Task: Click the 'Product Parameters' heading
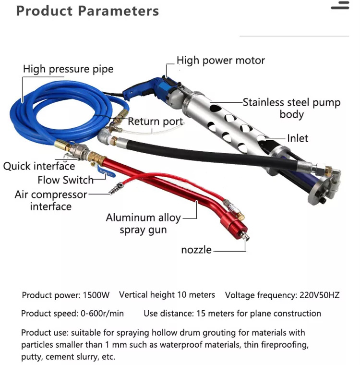(87, 11)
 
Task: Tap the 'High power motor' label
(221, 61)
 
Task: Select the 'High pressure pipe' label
(68, 69)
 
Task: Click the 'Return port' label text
(156, 122)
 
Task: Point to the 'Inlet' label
(298, 138)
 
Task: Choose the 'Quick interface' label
(39, 166)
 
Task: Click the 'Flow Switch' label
(65, 180)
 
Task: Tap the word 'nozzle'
(196, 250)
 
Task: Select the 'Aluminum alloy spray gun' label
(144, 224)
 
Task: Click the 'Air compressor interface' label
(51, 200)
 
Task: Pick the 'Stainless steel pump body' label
(291, 109)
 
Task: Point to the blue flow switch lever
(106, 173)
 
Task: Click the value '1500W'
(96, 295)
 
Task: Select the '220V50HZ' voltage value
(319, 295)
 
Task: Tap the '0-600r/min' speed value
(102, 314)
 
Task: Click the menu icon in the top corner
(340, 5)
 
